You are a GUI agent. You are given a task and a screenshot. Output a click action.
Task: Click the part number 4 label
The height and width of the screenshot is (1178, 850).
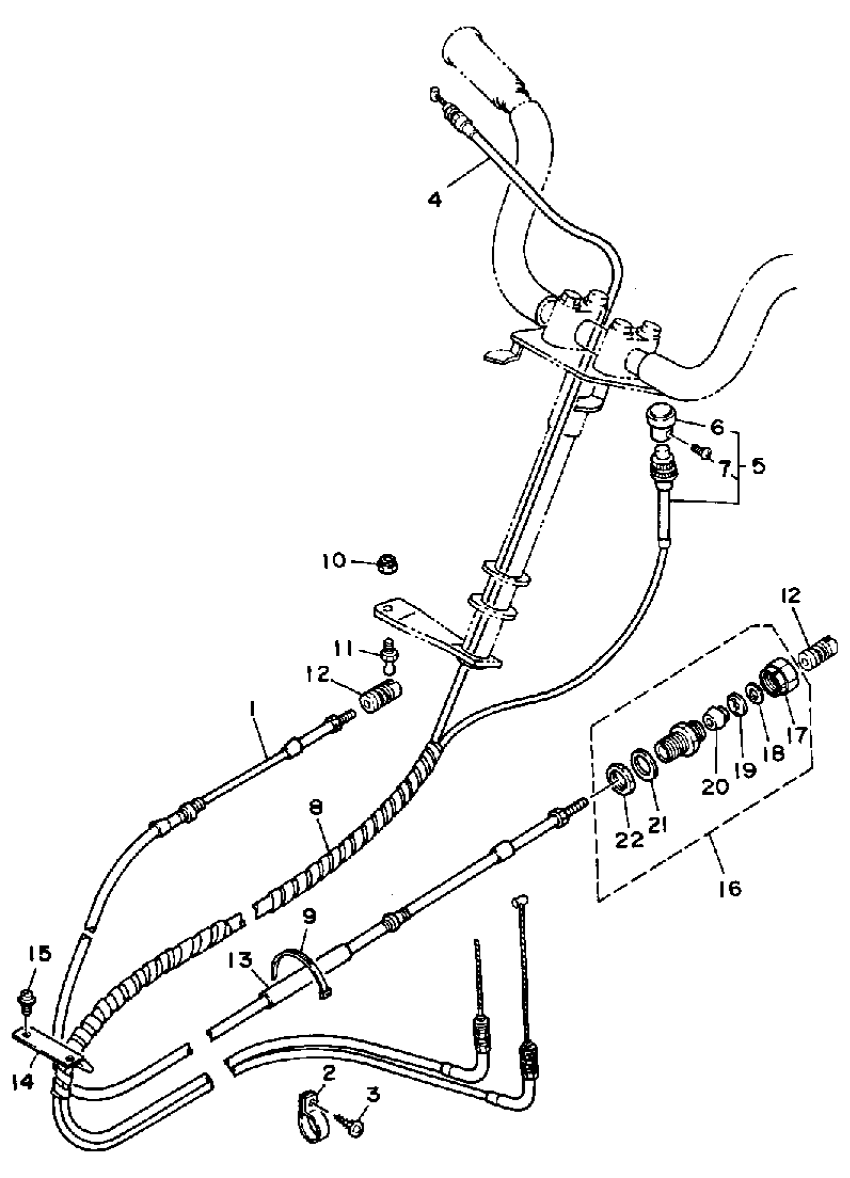(434, 199)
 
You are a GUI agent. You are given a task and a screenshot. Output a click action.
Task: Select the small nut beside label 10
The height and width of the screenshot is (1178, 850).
(387, 564)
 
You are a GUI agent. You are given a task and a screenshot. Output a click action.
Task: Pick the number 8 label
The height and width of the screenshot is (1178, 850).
(315, 808)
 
